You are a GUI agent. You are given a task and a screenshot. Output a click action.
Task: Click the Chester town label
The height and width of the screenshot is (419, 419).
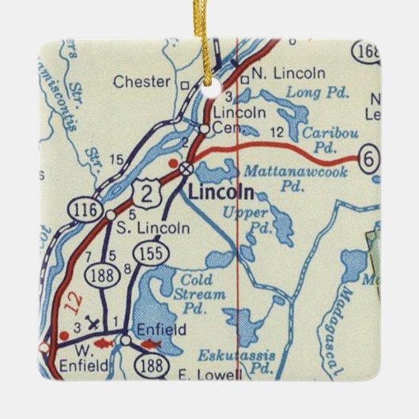(142, 81)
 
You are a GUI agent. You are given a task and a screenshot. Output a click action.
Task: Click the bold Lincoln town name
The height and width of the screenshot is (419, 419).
(221, 193)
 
